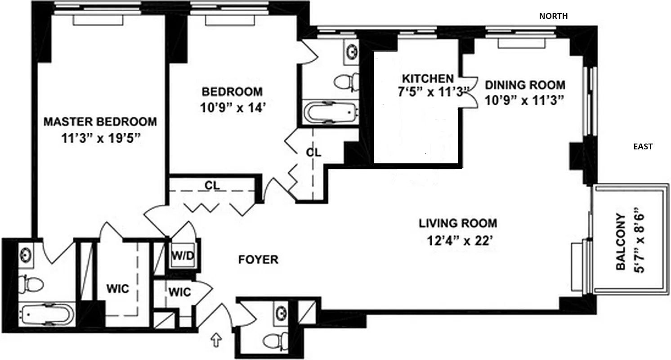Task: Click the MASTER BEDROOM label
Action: (x=100, y=121)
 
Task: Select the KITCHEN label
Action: (x=427, y=77)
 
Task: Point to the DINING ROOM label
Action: (x=525, y=85)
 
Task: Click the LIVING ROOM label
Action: (x=458, y=223)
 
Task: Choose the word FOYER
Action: (x=258, y=260)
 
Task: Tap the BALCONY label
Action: (x=621, y=241)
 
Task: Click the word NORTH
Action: (x=553, y=16)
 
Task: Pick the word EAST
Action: (x=643, y=146)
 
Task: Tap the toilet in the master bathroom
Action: (x=31, y=284)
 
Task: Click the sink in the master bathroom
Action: (x=25, y=255)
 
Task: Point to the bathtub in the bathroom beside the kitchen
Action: (x=331, y=112)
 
